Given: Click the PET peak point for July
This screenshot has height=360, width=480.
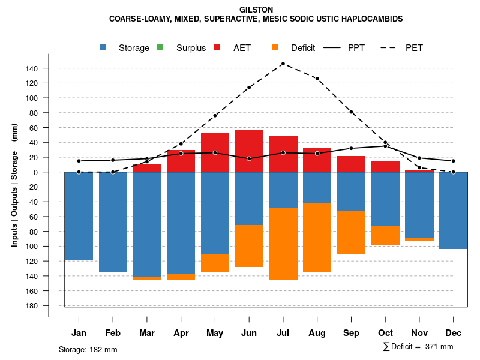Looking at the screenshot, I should [x=283, y=64].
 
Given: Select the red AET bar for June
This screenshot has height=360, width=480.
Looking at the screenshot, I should [x=249, y=151].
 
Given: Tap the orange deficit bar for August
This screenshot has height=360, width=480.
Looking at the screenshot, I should [x=317, y=238].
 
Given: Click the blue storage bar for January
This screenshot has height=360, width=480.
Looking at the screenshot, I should [x=79, y=216].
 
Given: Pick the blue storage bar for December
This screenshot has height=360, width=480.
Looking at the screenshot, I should [x=453, y=210].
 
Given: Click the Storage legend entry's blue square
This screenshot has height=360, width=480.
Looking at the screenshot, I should [x=103, y=48].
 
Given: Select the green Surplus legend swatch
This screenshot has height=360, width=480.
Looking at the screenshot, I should [x=160, y=48].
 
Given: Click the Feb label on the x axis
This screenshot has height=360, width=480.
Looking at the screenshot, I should [x=113, y=333].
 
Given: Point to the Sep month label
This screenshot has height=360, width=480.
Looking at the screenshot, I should [x=351, y=333].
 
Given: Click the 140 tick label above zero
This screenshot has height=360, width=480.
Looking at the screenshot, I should [x=32, y=68].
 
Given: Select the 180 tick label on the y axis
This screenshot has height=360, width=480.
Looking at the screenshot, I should [x=32, y=306].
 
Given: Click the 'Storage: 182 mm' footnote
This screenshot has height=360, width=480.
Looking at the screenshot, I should [x=88, y=349].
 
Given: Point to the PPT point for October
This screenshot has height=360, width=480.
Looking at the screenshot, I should [x=385, y=146].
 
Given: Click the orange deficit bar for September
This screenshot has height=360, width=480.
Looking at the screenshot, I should [x=351, y=233].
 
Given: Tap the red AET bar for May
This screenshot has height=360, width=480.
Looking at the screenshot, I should [x=215, y=152].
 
